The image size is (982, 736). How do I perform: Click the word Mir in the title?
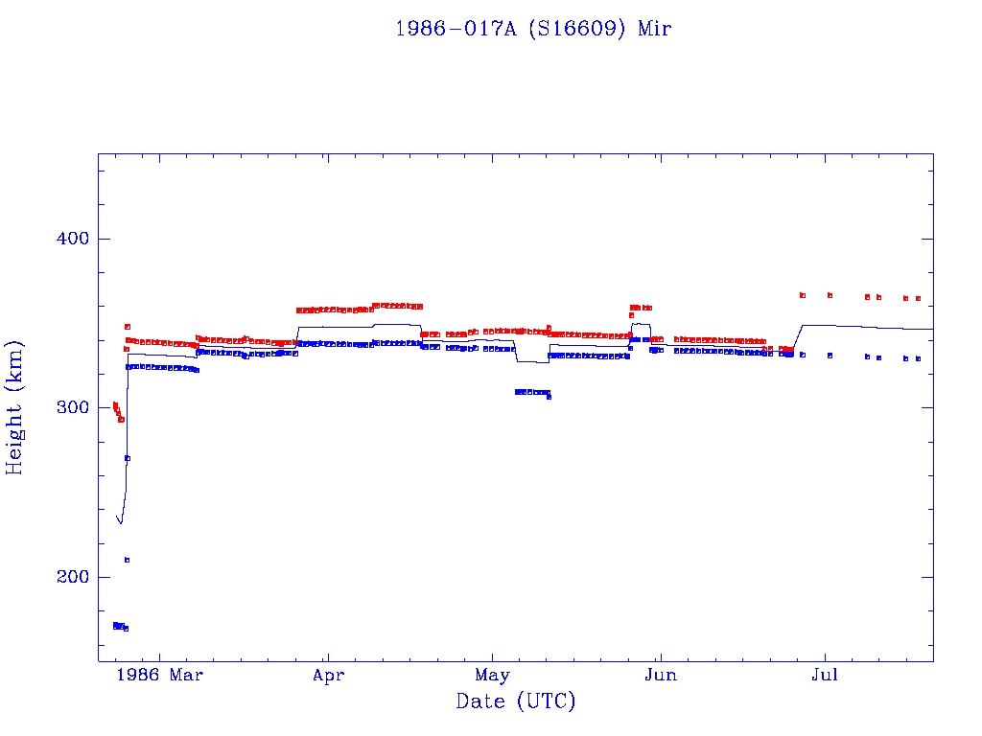[x=655, y=29]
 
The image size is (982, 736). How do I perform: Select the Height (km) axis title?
[x=15, y=407]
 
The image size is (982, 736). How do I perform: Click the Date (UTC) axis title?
[x=516, y=702]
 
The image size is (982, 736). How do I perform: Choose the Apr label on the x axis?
[x=328, y=676]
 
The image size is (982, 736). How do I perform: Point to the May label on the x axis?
[x=492, y=676]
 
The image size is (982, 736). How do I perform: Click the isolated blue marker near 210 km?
[x=127, y=560]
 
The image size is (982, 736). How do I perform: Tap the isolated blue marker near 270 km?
[x=128, y=458]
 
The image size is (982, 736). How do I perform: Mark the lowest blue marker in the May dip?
[x=549, y=396]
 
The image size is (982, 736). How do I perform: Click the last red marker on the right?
[x=918, y=299]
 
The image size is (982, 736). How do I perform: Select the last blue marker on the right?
[x=918, y=358]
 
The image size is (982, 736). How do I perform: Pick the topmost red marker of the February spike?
[x=127, y=327]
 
